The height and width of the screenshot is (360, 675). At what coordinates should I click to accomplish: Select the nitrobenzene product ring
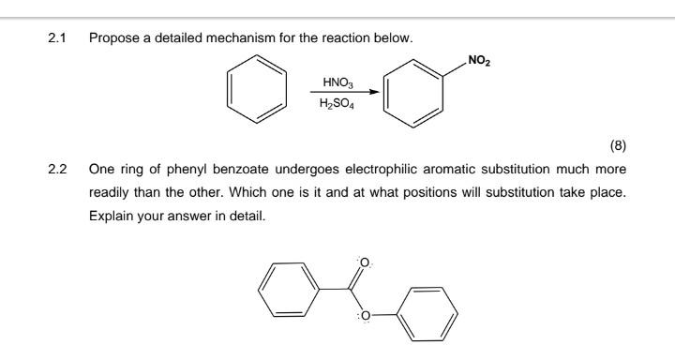tap(417, 97)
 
